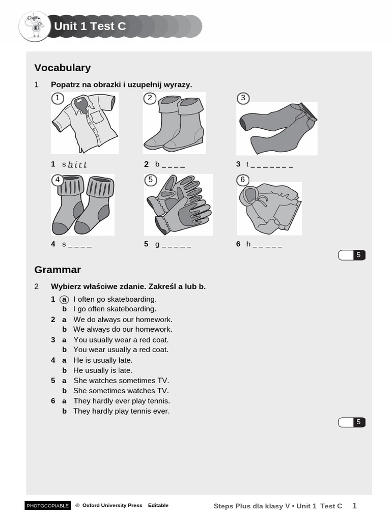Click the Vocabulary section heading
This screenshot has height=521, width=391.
[x=62, y=68]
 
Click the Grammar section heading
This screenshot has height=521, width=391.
[x=58, y=270]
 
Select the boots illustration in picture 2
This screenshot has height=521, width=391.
[x=174, y=124]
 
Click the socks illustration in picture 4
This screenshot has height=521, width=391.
[x=82, y=205]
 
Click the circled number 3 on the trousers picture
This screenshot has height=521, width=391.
[x=243, y=98]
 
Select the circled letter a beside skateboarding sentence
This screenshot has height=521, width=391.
[x=65, y=299]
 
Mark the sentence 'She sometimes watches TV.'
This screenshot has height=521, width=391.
[x=121, y=391]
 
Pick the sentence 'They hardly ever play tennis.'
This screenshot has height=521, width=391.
[x=122, y=401]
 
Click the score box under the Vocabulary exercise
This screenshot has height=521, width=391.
[x=352, y=255]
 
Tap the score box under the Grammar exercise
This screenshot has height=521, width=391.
[x=352, y=422]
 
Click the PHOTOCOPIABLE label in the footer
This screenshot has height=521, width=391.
[x=47, y=506]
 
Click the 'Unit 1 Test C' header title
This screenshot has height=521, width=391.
[x=90, y=26]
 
